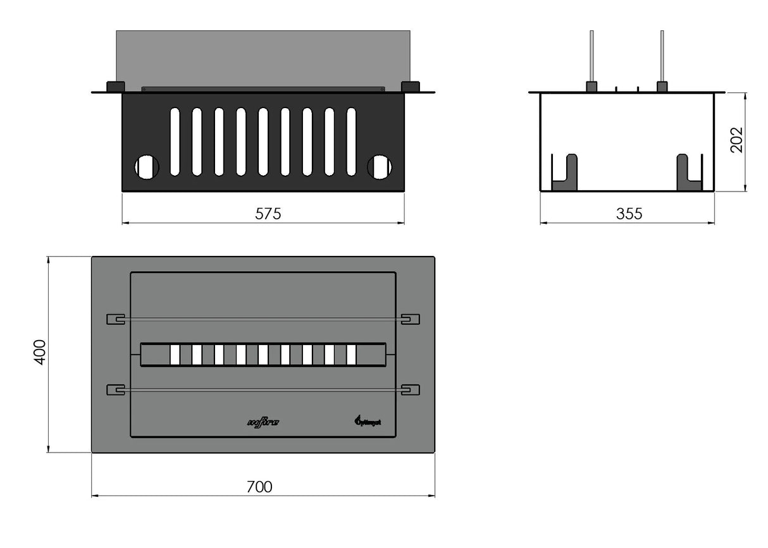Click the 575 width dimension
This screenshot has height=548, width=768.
[x=268, y=214]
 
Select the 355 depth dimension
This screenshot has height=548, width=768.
[x=629, y=214]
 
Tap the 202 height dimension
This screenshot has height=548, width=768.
[x=737, y=140]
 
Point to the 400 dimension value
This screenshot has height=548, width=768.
[x=40, y=352]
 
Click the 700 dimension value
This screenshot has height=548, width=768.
[x=259, y=487]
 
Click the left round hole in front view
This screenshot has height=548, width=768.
[x=146, y=167]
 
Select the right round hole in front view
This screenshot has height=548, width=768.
[x=379, y=167]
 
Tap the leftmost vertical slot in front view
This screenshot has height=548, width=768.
[x=175, y=141]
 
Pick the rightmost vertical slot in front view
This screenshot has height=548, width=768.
[x=351, y=141]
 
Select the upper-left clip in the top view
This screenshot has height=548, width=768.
[x=115, y=319]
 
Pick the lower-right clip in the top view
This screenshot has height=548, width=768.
[x=411, y=390]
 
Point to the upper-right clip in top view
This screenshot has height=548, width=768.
[x=411, y=319]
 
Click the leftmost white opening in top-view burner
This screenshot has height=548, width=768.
[x=175, y=355]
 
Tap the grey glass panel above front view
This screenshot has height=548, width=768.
[x=263, y=57]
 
